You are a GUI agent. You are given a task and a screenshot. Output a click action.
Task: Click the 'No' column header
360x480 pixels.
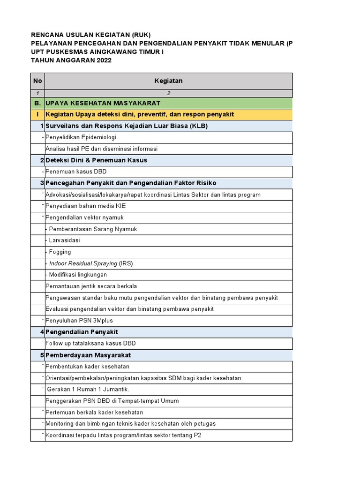pyautogui.click(x=37, y=81)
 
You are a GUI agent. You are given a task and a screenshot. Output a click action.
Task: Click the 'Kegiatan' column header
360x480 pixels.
pyautogui.click(x=168, y=81)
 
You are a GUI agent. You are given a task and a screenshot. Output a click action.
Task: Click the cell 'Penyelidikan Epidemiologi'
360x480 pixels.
pyautogui.click(x=81, y=137)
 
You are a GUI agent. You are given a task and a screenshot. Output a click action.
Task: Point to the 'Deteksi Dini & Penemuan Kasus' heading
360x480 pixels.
pyautogui.click(x=96, y=160)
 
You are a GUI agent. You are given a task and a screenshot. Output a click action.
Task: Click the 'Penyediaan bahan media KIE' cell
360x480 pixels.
pyautogui.click(x=85, y=206)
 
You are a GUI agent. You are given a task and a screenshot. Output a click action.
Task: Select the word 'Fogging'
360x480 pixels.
pyautogui.click(x=60, y=252)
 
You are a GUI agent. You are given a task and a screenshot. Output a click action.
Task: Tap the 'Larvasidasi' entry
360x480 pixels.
pyautogui.click(x=64, y=240)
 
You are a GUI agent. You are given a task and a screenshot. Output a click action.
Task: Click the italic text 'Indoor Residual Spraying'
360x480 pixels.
pyautogui.click(x=83, y=263)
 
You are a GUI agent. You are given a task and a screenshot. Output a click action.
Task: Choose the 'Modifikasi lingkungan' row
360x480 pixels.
pyautogui.click(x=78, y=275)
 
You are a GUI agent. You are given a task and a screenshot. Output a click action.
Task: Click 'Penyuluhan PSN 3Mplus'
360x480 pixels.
pyautogui.click(x=79, y=321)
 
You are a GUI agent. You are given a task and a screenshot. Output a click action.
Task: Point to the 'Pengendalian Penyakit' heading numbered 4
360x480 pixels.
pyautogui.click(x=82, y=332)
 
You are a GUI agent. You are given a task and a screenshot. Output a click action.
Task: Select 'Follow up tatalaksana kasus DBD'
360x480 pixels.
pyautogui.click(x=90, y=343)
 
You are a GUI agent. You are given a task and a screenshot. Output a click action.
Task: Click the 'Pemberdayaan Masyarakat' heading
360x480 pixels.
pyautogui.click(x=88, y=355)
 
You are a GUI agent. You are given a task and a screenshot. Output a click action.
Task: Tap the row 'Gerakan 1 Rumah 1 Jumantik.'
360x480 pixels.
pyautogui.click(x=88, y=389)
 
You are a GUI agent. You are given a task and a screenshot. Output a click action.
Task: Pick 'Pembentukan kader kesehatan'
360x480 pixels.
pyautogui.click(x=87, y=366)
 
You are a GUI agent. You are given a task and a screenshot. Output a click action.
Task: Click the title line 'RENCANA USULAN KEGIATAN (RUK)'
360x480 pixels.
pyautogui.click(x=91, y=35)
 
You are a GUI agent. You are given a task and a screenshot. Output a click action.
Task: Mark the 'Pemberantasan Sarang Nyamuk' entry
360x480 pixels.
pyautogui.click(x=93, y=229)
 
